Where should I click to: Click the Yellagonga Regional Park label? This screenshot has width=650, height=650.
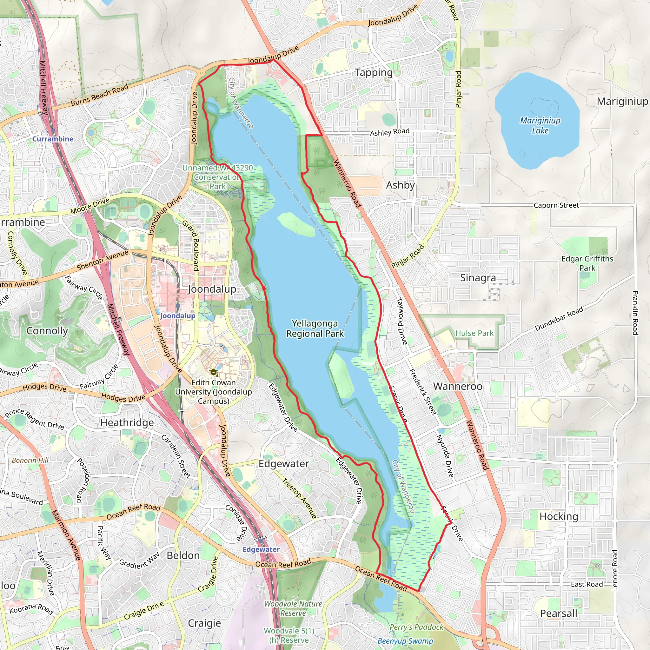click(x=315, y=328)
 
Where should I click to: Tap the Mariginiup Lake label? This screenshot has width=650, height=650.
click(x=540, y=125)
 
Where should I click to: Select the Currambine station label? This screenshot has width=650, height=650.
click(x=53, y=139)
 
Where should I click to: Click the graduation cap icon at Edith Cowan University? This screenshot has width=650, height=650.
click(x=213, y=372)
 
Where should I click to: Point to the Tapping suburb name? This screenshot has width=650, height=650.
click(x=374, y=73)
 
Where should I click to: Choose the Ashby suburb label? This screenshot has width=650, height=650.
click(x=400, y=185)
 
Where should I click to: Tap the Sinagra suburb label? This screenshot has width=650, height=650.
click(x=478, y=278)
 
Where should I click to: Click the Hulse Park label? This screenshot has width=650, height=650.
click(x=474, y=333)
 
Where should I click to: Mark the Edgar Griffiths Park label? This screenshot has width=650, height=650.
click(x=587, y=263)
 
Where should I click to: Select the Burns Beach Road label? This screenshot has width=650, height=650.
click(x=100, y=95)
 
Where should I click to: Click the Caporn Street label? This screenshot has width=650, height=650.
click(x=556, y=205)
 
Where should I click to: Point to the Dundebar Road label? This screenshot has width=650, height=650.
click(x=559, y=319)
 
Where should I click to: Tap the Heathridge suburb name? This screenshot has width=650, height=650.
click(x=127, y=422)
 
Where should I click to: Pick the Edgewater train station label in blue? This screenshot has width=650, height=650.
click(x=261, y=549)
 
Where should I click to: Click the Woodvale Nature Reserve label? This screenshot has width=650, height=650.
click(x=293, y=608)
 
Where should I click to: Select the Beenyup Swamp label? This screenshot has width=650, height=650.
click(x=405, y=641)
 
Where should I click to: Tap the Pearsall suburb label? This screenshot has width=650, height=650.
click(x=558, y=613)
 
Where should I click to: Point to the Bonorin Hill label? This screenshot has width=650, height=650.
click(x=30, y=460)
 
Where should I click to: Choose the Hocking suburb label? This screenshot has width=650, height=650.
click(x=559, y=516)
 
